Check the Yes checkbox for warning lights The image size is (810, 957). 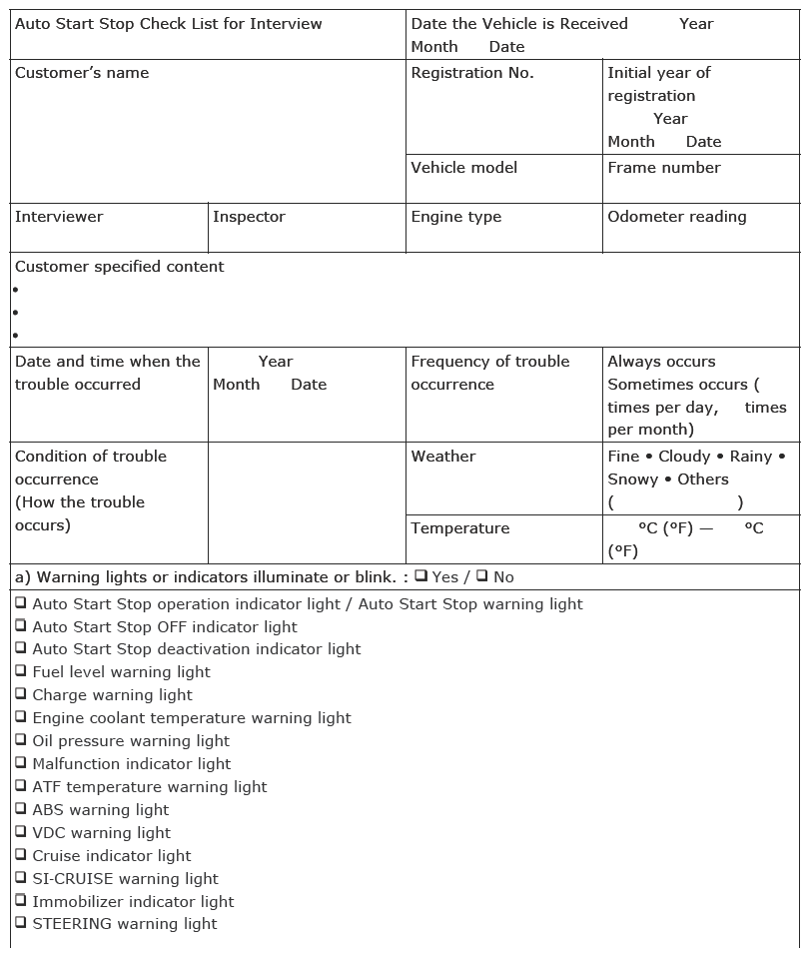click(421, 575)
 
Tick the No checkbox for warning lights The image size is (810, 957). click(482, 575)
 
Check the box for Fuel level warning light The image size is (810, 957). click(21, 671)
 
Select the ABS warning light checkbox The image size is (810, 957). click(21, 809)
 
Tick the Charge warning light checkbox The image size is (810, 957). click(21, 694)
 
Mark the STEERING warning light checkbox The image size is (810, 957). click(21, 923)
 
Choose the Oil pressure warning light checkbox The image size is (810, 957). click(21, 740)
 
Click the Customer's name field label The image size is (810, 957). click(82, 73)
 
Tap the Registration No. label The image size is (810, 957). click(472, 73)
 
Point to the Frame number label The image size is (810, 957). click(663, 168)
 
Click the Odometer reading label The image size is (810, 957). click(676, 217)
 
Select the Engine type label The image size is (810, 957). click(455, 217)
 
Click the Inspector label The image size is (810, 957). click(249, 217)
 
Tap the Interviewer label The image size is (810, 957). click(59, 217)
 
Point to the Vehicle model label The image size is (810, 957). click(463, 168)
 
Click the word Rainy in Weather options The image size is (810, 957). click(750, 457)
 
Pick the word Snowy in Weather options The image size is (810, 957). click(631, 479)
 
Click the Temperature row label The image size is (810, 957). click(459, 528)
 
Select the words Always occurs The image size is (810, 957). click(661, 362)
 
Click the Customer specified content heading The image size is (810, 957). click(119, 267)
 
